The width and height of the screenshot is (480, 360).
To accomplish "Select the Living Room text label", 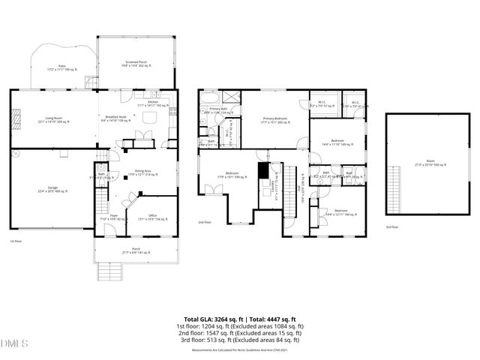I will coord(52,118).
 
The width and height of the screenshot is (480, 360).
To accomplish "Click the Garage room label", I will coord(52,190).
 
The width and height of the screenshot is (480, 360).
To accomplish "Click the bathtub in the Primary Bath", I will coord(209,97).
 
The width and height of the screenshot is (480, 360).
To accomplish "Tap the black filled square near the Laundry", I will coord(262,172).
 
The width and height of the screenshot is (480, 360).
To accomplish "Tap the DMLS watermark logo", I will coord(13,343).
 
